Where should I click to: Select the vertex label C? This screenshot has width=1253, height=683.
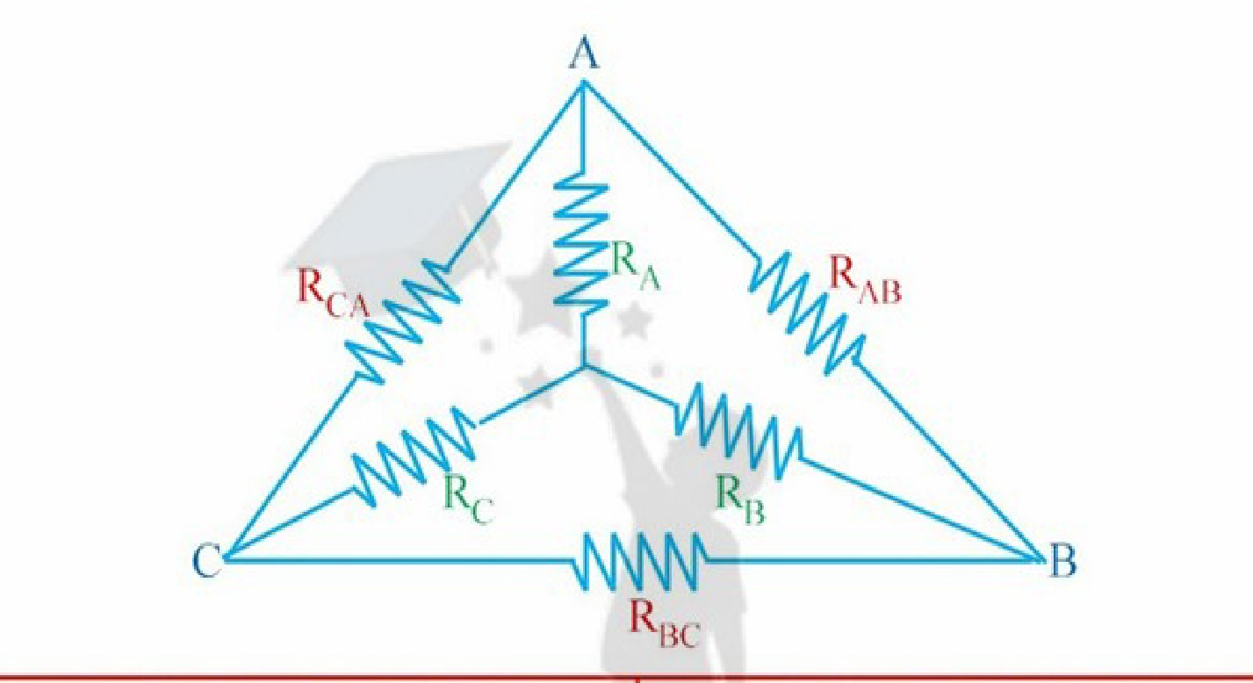[206, 560]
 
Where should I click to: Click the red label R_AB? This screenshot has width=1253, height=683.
[865, 280]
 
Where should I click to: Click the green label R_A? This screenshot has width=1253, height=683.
[636, 267]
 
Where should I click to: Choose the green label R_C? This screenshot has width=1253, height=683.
[469, 500]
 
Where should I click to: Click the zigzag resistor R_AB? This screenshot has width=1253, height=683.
[807, 313]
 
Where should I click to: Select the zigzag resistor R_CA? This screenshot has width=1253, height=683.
[403, 320]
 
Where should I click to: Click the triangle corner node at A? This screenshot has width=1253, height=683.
[583, 83]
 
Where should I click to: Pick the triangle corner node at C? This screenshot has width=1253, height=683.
[227, 557]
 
